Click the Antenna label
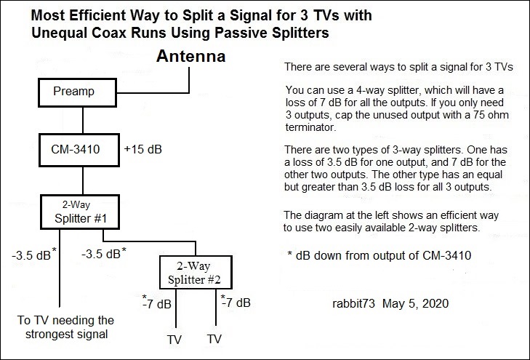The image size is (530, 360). pyautogui.click(x=191, y=56)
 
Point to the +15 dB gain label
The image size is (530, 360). pyautogui.click(x=143, y=149)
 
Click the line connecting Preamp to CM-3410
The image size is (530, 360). pyautogui.click(x=83, y=120)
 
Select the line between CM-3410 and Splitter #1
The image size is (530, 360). pyautogui.click(x=83, y=180)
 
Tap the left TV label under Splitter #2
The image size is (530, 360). pyautogui.click(x=174, y=340)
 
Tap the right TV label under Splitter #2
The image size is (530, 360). pyautogui.click(x=214, y=339)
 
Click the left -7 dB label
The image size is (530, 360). pyautogui.click(x=157, y=303)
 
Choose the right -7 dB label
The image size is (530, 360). pyautogui.click(x=236, y=302)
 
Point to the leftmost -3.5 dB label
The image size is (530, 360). pyautogui.click(x=33, y=255)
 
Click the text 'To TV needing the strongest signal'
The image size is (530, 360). pyautogui.click(x=66, y=327)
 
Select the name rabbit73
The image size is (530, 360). pyautogui.click(x=353, y=303)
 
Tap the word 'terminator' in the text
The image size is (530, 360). pyautogui.click(x=310, y=127)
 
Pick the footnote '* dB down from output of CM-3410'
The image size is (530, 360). pyautogui.click(x=380, y=255)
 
